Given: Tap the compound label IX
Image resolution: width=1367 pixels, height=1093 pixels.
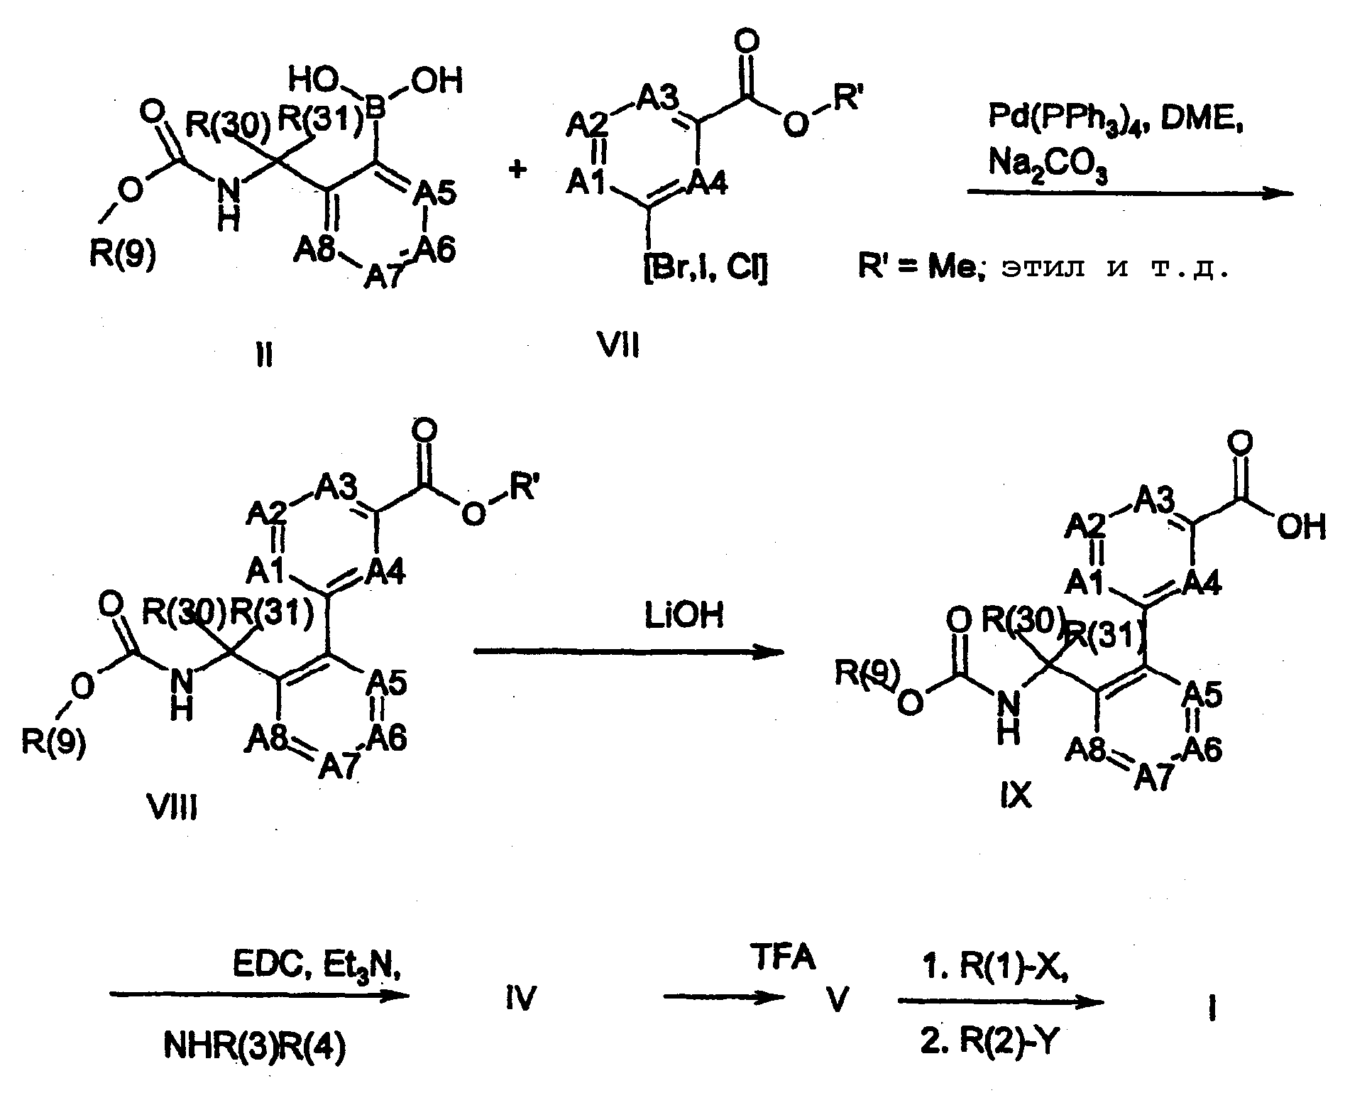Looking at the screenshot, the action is coord(1015,796).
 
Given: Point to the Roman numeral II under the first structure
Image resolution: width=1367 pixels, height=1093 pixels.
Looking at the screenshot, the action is coord(264,354).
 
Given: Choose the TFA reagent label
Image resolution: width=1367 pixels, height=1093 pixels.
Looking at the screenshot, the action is coord(782,959).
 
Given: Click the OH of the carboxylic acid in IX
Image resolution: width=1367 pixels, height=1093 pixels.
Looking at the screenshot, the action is coord(1300,528).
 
